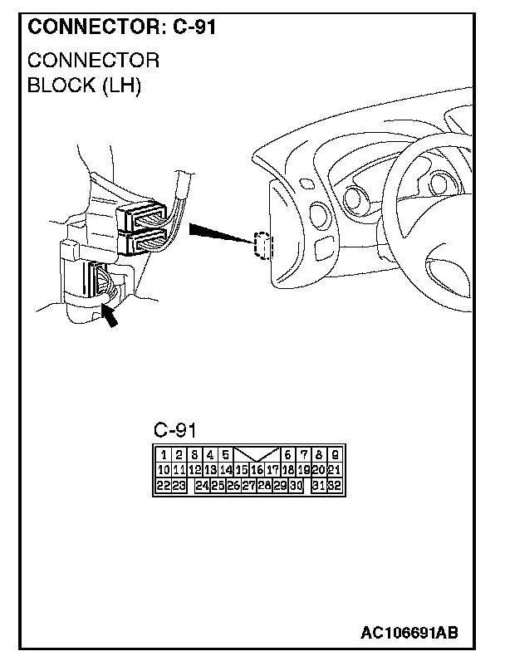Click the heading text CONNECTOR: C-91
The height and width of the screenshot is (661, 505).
[122, 27]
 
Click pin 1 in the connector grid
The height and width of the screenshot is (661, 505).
[164, 455]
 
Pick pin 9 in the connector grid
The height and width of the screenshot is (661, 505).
[333, 455]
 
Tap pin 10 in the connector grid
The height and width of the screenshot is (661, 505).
[164, 470]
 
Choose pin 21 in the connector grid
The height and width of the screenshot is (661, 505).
[333, 470]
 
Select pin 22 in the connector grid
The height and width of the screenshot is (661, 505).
[164, 485]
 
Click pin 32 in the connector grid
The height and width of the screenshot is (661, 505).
[333, 485]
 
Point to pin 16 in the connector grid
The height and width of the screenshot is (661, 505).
[257, 470]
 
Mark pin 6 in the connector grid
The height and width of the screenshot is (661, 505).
[287, 455]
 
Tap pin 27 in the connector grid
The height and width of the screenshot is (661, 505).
[248, 485]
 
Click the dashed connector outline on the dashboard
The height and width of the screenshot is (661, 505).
[262, 245]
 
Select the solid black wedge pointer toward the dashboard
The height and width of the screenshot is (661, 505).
[218, 233]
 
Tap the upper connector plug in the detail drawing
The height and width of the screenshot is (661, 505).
[146, 218]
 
